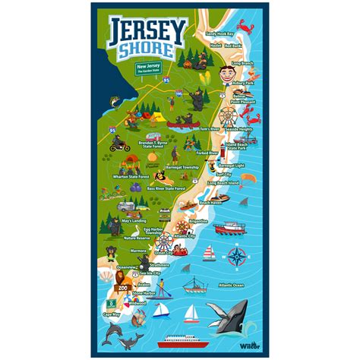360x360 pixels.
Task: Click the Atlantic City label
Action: coord(185,236)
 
